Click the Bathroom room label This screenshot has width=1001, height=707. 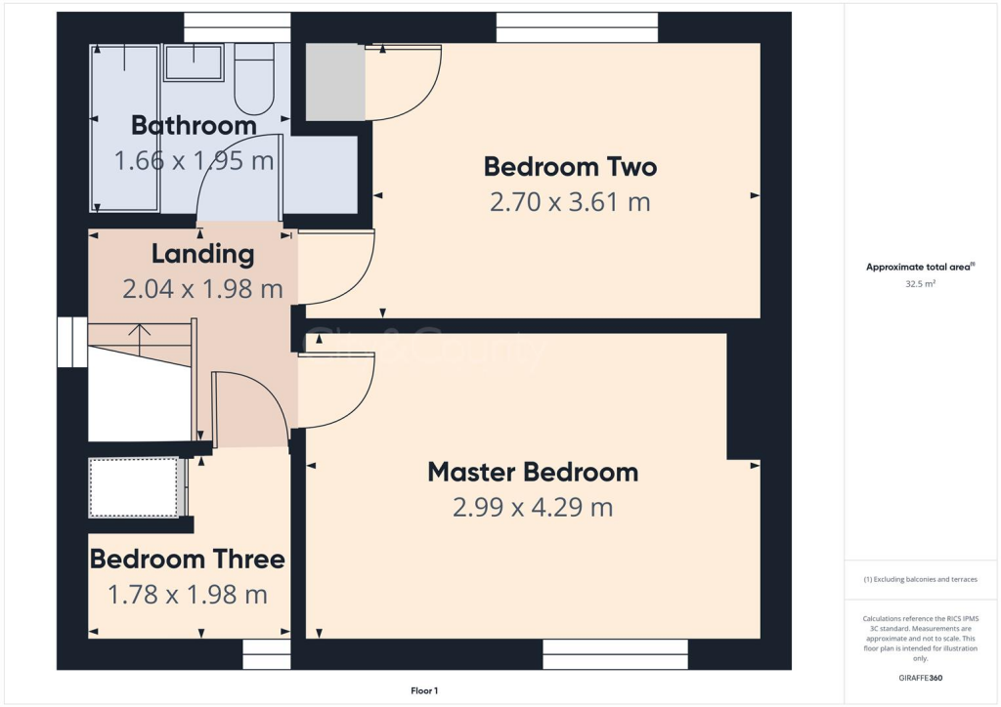(194, 125)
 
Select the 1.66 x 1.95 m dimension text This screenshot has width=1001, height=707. (194, 160)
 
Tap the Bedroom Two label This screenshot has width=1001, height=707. (570, 166)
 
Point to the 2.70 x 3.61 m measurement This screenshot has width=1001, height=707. (570, 202)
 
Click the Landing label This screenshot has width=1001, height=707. (202, 254)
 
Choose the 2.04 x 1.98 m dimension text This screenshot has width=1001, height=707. (202, 289)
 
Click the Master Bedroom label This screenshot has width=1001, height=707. (533, 472)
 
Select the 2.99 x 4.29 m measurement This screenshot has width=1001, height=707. (533, 508)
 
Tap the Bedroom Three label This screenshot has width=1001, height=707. (188, 559)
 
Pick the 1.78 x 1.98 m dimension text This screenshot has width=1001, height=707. (188, 594)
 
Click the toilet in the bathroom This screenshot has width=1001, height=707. (254, 83)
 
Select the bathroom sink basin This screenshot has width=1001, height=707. (193, 62)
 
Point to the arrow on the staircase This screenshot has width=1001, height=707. (140, 337)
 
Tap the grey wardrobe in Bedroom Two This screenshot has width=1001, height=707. (335, 82)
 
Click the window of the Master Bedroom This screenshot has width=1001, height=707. (615, 653)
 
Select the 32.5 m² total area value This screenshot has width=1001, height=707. (919, 284)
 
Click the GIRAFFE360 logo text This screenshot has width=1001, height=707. (921, 677)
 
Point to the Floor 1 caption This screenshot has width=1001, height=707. (424, 690)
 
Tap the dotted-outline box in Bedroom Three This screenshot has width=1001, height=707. (134, 487)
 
